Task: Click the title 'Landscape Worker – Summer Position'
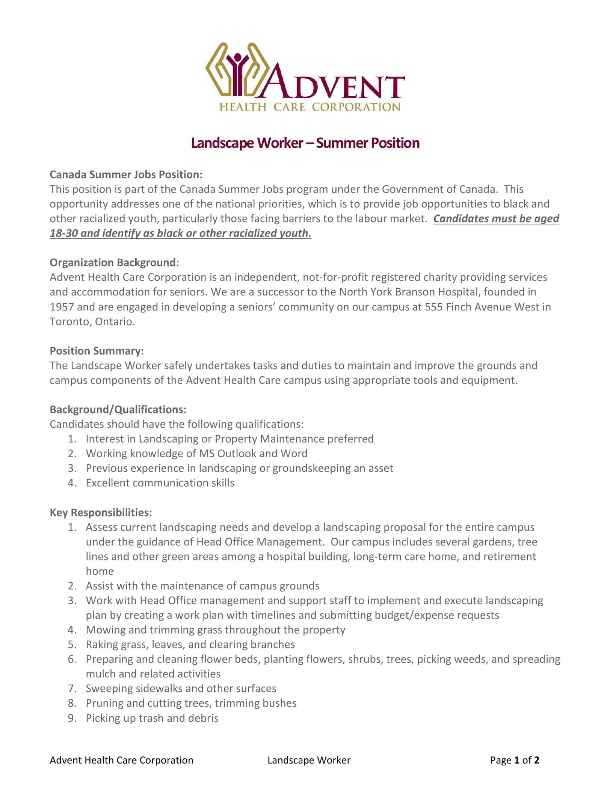[x=305, y=143]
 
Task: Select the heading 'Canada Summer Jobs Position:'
[x=126, y=175]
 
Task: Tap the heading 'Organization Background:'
[x=114, y=262]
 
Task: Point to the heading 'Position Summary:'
[x=97, y=351]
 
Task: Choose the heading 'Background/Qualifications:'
[x=118, y=409]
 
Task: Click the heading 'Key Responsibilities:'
[x=101, y=512]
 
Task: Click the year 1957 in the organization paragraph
[x=62, y=307]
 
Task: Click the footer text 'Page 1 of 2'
[x=515, y=760]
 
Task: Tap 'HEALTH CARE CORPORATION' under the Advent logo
[x=310, y=107]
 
